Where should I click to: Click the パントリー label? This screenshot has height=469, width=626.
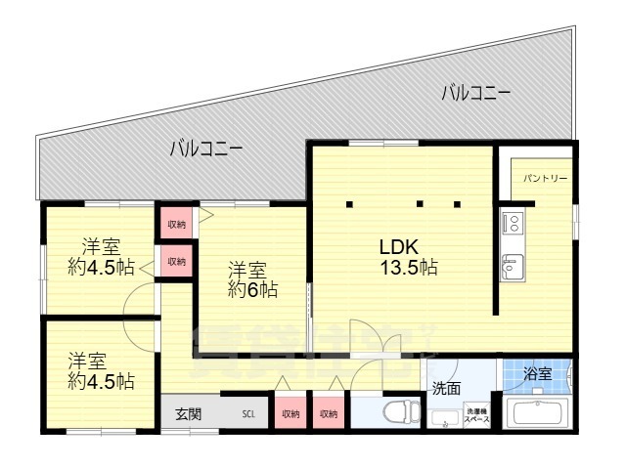pos(545,179)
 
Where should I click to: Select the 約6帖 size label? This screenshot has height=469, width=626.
pos(253,290)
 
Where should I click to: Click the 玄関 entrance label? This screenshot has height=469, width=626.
pos(189,413)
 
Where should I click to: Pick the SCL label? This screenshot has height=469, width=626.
pos(251,414)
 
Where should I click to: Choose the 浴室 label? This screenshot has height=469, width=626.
pos(537,373)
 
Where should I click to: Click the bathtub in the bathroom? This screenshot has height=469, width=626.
pos(537,414)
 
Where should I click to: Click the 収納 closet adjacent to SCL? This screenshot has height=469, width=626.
pos(291,414)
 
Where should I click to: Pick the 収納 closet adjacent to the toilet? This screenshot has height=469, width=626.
pos(328,414)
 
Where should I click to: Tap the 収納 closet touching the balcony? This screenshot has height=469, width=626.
pos(176,225)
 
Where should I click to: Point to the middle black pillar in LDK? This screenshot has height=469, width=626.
pos(419,204)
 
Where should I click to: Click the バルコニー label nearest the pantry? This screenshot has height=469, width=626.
pos(475,94)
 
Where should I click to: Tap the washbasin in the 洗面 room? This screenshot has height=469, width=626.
pos(446,418)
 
